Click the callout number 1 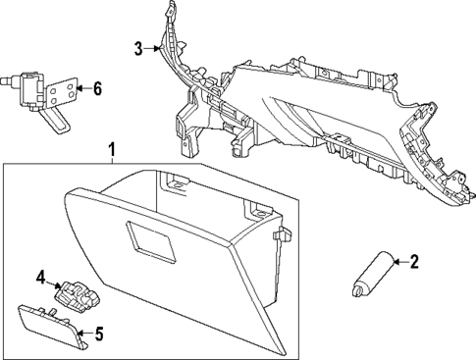112,149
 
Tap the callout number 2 413,261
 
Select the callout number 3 139,46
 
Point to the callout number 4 42,278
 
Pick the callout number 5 96,335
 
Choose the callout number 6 96,88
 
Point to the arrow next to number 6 82,88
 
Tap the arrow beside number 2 398,261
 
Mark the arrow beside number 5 83,335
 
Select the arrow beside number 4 55,281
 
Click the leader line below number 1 112,162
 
